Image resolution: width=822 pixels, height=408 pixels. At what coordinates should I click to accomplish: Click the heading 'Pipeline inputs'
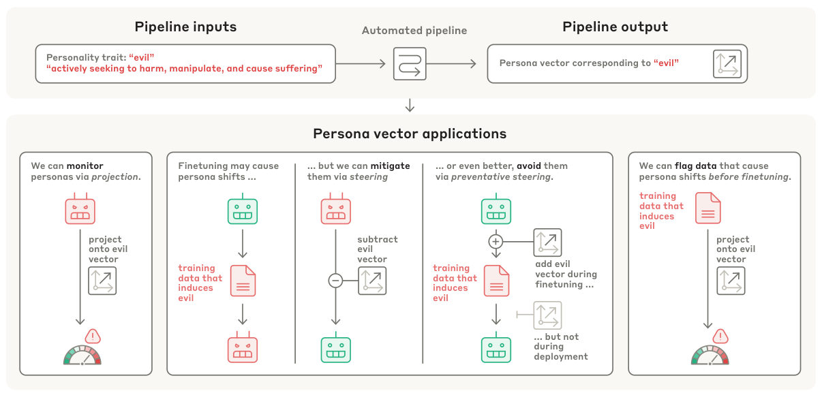pos(185,27)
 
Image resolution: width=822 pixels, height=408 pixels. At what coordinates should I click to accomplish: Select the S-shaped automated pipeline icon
pos(410,64)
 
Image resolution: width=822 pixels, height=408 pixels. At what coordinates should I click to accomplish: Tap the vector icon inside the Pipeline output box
pos(727,64)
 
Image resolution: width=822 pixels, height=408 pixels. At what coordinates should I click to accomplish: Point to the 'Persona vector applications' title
pos(410,134)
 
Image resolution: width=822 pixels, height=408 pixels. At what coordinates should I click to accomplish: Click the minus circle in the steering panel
pos(335,280)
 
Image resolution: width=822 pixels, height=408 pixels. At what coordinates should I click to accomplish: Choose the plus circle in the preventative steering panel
pos(496,241)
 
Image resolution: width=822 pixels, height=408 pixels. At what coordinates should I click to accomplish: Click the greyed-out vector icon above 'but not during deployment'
pos(547,315)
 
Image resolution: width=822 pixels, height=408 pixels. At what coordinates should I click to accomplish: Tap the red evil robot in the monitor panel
pos(80,210)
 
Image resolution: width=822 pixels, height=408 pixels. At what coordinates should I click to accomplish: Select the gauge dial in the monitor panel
pos(82,356)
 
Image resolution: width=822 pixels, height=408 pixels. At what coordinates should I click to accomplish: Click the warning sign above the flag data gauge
pos(720,336)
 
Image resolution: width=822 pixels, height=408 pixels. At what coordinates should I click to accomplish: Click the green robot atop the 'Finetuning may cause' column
pos(242,210)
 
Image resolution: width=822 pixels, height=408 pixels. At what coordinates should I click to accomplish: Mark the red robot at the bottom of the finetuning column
pos(242,349)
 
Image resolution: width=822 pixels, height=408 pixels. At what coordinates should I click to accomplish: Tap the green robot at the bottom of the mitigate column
pos(335,349)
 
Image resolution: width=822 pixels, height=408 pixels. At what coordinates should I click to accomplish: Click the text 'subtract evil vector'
pos(377,249)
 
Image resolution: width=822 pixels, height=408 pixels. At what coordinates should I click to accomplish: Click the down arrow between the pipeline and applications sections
pos(410,105)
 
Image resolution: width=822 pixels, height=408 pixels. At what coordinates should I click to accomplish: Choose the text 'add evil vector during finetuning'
pos(566,274)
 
